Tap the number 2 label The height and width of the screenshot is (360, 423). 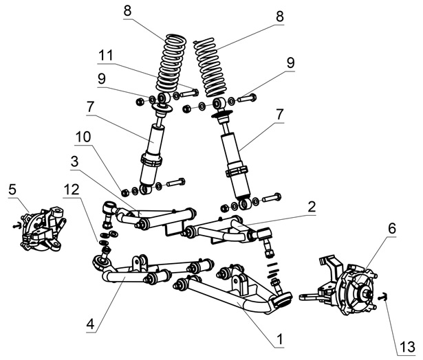point(312,205)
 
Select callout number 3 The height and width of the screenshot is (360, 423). point(73,161)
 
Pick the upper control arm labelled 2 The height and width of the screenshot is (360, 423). point(220,230)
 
